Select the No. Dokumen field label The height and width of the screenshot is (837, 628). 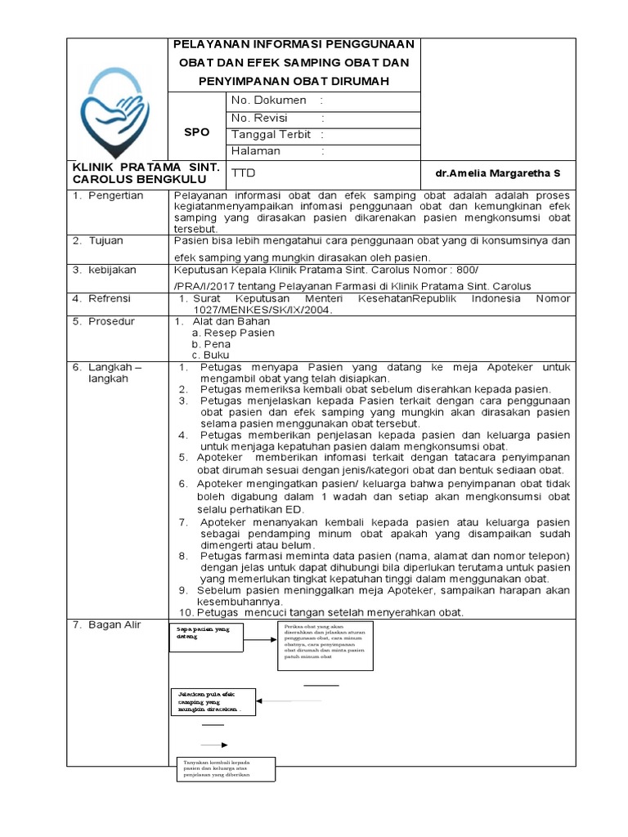click(x=269, y=101)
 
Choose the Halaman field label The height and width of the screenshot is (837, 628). click(x=256, y=151)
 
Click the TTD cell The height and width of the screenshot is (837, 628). click(x=244, y=174)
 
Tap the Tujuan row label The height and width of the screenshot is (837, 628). click(x=108, y=240)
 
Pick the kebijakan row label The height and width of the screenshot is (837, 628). click(x=113, y=270)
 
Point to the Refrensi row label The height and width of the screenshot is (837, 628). click(x=110, y=299)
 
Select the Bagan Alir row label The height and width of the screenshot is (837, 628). click(x=114, y=625)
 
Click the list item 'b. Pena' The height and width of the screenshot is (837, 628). click(x=211, y=344)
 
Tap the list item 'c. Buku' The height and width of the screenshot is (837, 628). click(x=211, y=356)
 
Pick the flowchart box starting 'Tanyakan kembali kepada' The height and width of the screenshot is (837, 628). click(x=226, y=770)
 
